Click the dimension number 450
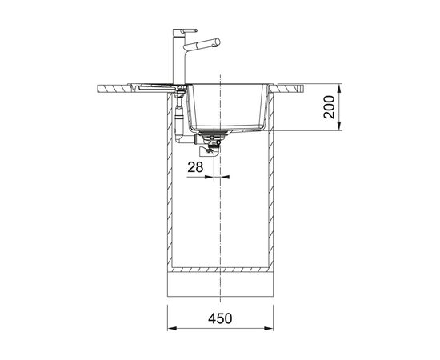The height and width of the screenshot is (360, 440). tap(220, 318)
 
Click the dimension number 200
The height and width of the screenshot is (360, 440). tap(329, 107)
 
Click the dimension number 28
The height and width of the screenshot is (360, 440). tap(195, 167)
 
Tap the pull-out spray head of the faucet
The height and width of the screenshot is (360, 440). tap(202, 43)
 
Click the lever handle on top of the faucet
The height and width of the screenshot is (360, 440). tap(186, 30)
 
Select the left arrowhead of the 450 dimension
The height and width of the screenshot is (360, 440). tap(172, 328)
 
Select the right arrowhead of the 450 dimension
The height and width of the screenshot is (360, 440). tap(269, 328)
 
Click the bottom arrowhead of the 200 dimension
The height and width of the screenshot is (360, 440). tap(339, 126)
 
